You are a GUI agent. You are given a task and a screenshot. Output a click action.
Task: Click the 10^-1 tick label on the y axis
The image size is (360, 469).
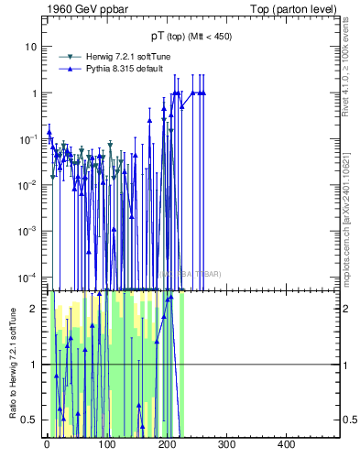click(29, 138)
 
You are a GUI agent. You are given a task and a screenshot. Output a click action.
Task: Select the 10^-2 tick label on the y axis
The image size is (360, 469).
click(29, 184)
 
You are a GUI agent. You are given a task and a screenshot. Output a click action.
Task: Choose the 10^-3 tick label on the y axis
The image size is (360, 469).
click(29, 230)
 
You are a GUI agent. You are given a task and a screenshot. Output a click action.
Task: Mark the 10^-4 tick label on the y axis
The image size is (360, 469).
click(29, 276)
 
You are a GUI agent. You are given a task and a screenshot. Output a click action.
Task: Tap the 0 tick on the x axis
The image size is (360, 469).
click(47, 446)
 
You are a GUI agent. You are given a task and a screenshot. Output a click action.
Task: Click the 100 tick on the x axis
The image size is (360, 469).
click(106, 446)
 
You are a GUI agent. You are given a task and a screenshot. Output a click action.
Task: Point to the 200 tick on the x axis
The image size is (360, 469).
click(167, 446)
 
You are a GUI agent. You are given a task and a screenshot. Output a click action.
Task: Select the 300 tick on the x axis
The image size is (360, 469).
click(226, 446)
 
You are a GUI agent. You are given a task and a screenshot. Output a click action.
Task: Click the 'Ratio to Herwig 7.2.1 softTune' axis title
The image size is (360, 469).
click(12, 365)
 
